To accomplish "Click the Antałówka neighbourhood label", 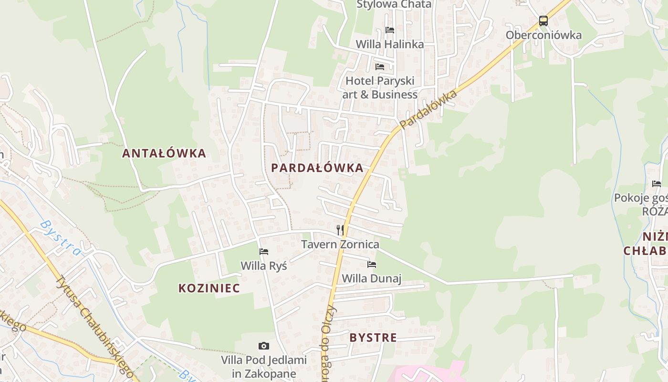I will (x=164, y=153).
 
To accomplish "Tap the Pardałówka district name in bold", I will (x=317, y=168).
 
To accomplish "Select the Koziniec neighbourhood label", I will (x=209, y=288).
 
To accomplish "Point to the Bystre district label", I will (x=373, y=338).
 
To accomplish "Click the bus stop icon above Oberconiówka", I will (x=543, y=21).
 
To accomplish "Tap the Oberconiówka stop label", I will (x=543, y=35).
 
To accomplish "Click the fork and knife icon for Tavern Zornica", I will (x=340, y=230).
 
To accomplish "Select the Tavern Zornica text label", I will (x=340, y=244).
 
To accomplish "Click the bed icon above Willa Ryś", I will (x=263, y=252).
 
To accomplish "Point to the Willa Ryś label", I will (x=263, y=265).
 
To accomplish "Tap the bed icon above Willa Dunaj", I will (x=372, y=264).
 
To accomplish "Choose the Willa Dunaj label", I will (x=372, y=278).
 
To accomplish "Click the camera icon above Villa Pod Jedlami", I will (x=263, y=346).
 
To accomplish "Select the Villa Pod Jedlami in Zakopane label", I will (x=259, y=367).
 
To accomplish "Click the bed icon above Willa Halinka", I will (x=389, y=30).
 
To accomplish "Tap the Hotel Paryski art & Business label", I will (x=380, y=87).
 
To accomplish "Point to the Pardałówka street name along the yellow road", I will (x=428, y=109).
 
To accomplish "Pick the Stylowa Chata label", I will (x=394, y=5).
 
